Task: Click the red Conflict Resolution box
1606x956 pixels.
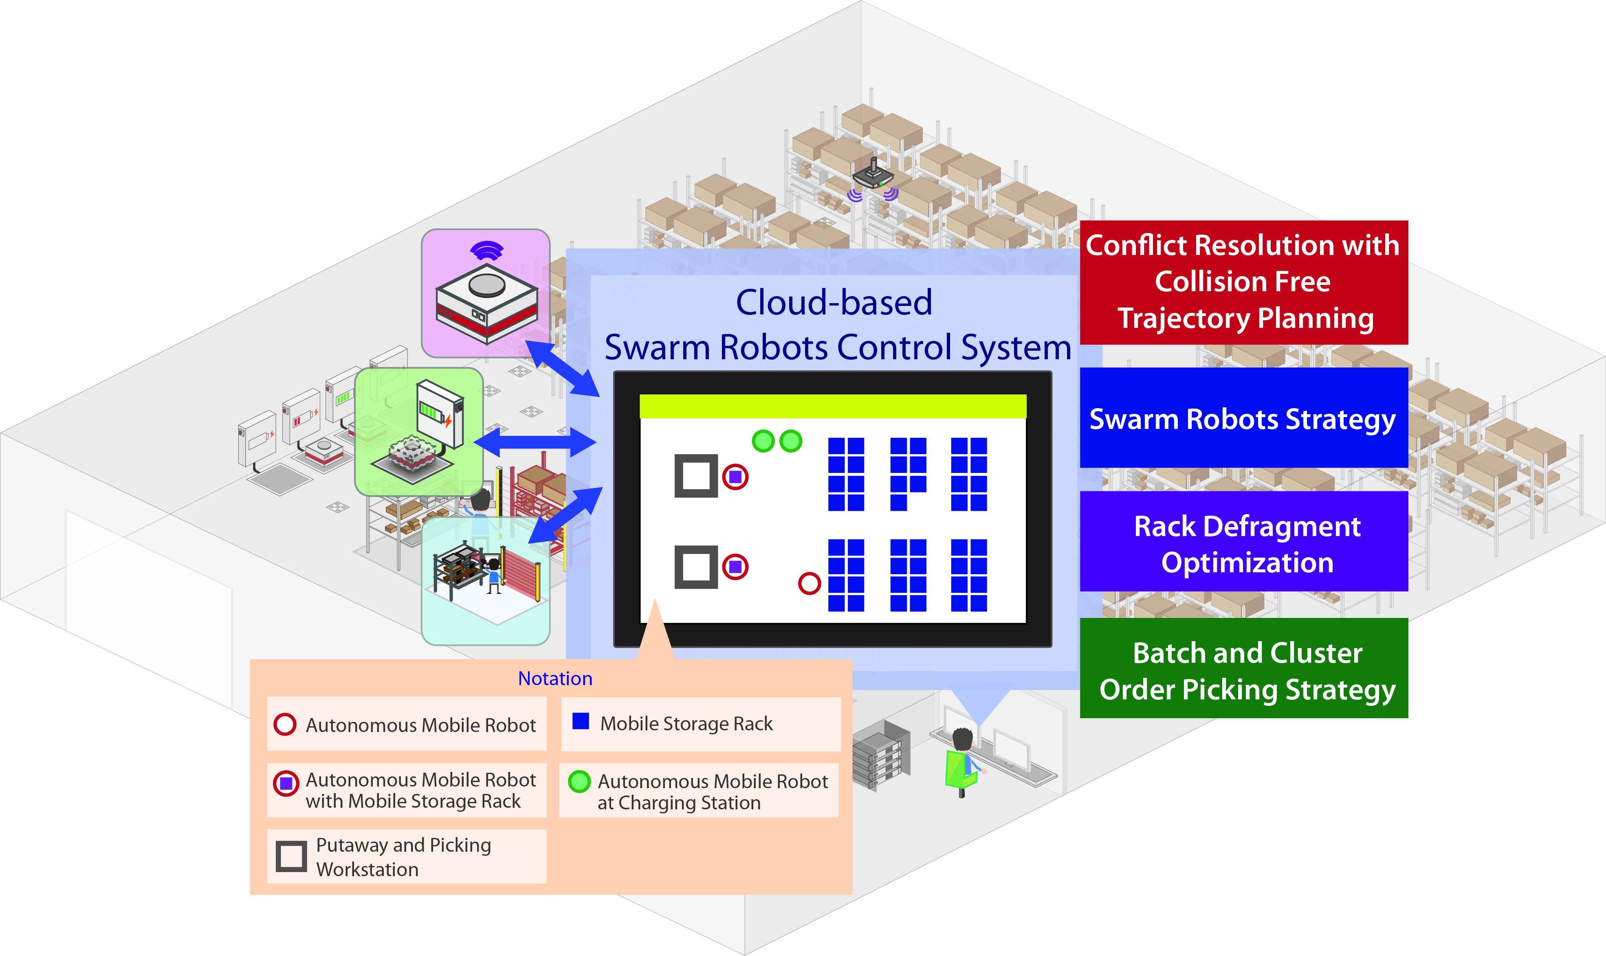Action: [1243, 282]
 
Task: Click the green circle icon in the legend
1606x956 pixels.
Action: [579, 781]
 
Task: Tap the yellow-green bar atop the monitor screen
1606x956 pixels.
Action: [832, 406]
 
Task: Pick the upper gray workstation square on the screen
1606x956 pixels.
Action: [696, 475]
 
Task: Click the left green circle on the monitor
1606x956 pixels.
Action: [763, 441]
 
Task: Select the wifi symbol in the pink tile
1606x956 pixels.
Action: [487, 251]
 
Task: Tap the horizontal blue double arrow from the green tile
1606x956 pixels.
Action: [535, 442]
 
